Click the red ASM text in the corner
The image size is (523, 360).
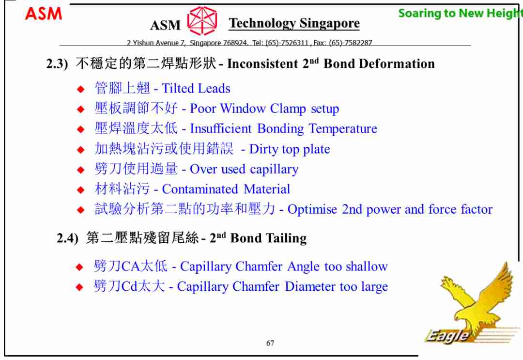pos(44,14)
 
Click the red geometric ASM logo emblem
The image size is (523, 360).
pos(202,21)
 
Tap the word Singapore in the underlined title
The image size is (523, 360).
pos(330,23)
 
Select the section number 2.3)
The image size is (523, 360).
pos(57,63)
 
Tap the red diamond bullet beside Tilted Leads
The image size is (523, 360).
pos(80,89)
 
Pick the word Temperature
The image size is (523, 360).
pos(343,129)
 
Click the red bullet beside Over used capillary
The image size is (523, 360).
pos(80,170)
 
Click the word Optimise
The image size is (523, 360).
pos(312,209)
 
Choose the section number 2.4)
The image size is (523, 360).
pos(68,238)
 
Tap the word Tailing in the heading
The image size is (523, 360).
pos(286,238)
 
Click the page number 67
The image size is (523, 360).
pos(270,343)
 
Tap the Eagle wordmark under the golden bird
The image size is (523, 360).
pos(447,336)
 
